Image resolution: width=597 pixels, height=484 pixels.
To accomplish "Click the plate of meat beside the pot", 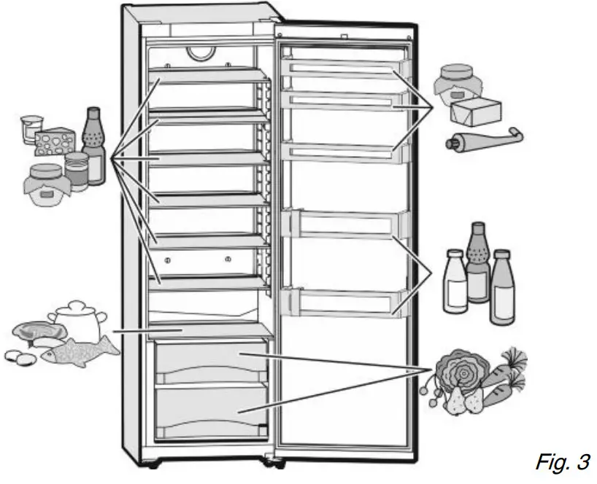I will pos(34,331).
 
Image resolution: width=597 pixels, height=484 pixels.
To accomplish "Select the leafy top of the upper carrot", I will pos(514,357).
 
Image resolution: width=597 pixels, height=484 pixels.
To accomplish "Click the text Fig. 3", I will pos(562,461).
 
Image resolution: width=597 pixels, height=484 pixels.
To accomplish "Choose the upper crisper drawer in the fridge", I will pos(211,362).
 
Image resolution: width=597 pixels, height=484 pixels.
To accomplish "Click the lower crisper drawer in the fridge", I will pos(211,412).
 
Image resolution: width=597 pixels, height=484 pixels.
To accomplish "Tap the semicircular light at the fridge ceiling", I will pos(199,54).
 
